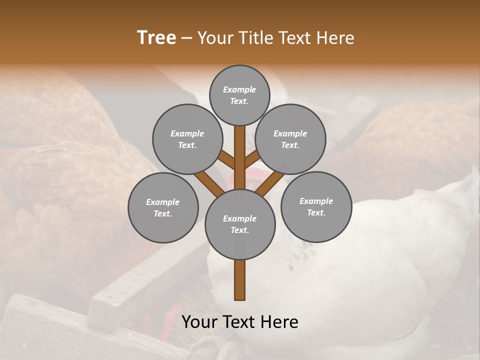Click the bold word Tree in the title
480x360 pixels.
(x=156, y=38)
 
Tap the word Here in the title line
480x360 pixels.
(x=334, y=38)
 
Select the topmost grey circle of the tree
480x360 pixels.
(x=239, y=95)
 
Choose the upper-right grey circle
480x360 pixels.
(x=290, y=139)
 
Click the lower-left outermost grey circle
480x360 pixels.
(x=163, y=207)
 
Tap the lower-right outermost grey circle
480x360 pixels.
(x=316, y=206)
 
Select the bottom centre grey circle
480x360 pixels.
(x=240, y=224)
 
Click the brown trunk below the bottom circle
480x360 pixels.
(x=240, y=280)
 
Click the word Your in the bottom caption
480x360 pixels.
(x=199, y=322)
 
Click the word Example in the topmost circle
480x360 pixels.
(x=239, y=89)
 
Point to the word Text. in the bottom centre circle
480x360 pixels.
(x=239, y=230)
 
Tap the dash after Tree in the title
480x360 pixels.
(x=187, y=38)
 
